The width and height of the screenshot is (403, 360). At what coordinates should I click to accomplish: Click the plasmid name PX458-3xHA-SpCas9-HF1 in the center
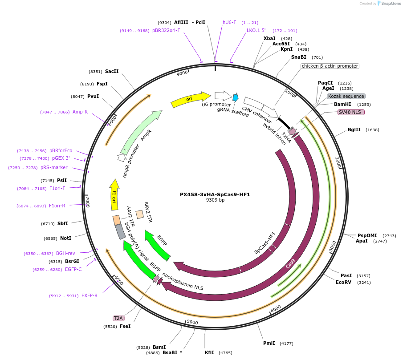(215, 194)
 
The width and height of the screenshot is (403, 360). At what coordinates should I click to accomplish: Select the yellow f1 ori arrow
(114, 195)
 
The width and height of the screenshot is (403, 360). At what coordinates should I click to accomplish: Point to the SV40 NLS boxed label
(351, 112)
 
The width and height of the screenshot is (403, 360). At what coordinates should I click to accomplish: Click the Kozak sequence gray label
(346, 96)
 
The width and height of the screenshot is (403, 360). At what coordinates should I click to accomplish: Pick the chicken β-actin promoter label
(330, 66)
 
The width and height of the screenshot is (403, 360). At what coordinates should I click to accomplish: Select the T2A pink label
(118, 318)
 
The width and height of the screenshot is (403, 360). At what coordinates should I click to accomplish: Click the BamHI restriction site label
(342, 105)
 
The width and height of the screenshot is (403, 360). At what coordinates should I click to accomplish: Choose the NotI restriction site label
(65, 238)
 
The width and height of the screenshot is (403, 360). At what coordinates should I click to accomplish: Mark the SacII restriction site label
(112, 71)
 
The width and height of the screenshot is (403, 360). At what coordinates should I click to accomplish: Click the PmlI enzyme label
(269, 343)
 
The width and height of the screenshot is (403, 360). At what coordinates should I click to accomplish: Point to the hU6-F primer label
(229, 22)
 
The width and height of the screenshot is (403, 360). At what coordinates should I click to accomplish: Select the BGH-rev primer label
(65, 253)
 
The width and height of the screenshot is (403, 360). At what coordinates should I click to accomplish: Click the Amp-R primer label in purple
(80, 112)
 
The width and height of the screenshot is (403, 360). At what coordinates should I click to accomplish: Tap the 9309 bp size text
(215, 200)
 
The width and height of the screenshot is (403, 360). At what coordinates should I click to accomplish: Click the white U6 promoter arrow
(223, 95)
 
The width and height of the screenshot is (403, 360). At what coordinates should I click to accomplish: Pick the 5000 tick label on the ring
(192, 322)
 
